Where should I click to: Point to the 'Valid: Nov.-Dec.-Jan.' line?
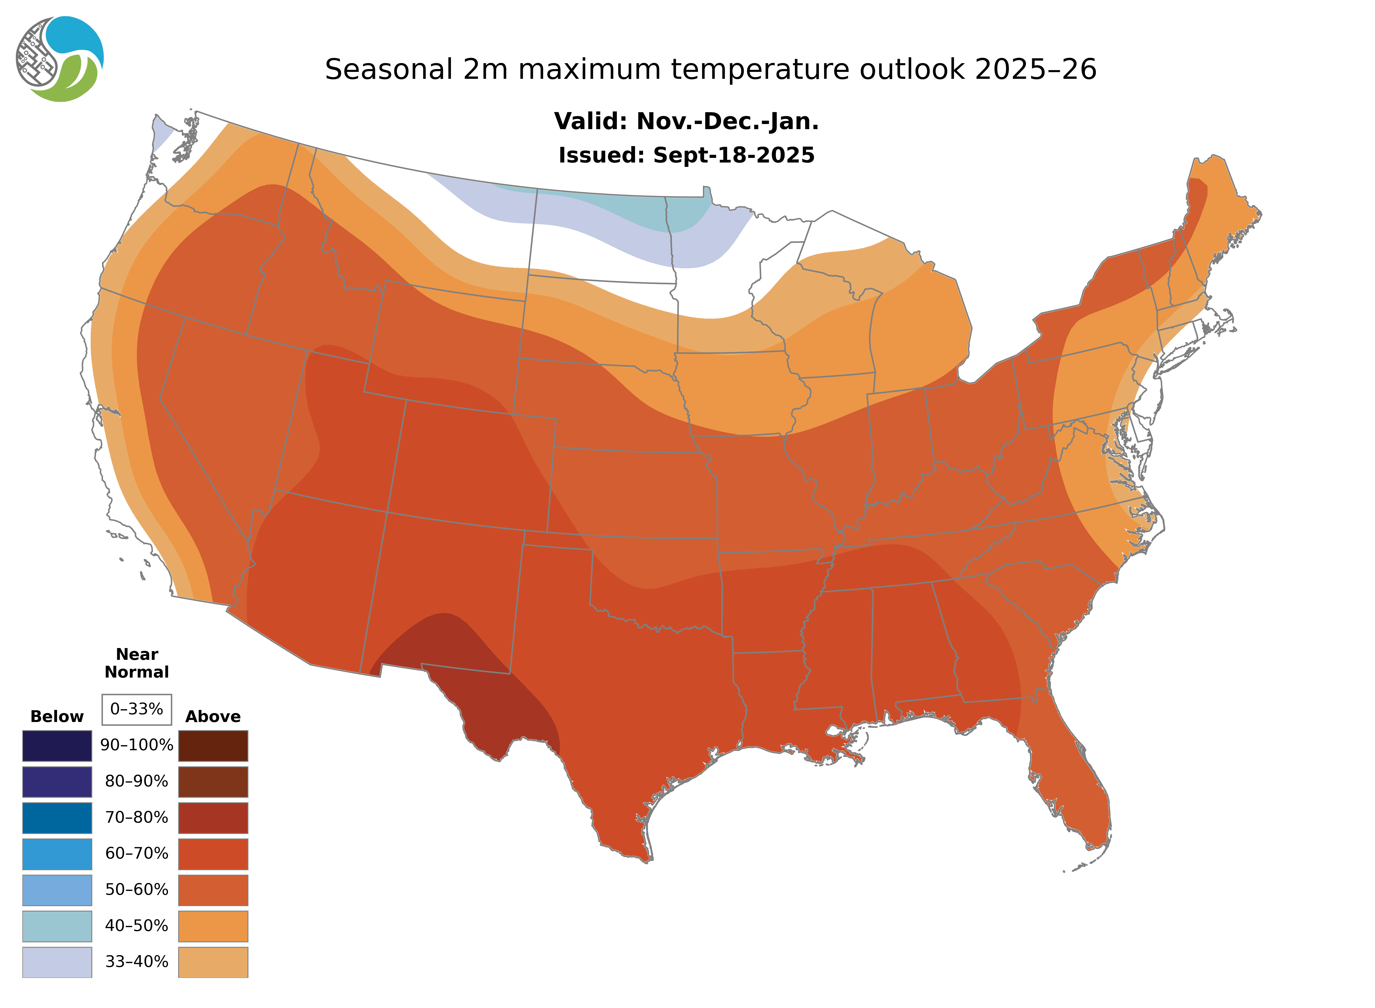click(x=686, y=121)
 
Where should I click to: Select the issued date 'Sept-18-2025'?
click(x=733, y=156)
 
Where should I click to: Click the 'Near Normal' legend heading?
click(x=137, y=663)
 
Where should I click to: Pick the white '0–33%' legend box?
click(x=137, y=709)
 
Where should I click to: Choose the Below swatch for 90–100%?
click(x=57, y=746)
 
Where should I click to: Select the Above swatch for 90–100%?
click(x=213, y=746)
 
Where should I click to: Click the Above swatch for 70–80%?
click(x=213, y=818)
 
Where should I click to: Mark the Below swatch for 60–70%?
click(x=57, y=854)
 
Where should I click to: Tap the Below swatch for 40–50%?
click(x=57, y=926)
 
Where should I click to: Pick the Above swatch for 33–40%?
click(x=213, y=962)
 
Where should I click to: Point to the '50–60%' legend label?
click(x=137, y=890)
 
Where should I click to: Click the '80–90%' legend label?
click(x=137, y=782)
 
